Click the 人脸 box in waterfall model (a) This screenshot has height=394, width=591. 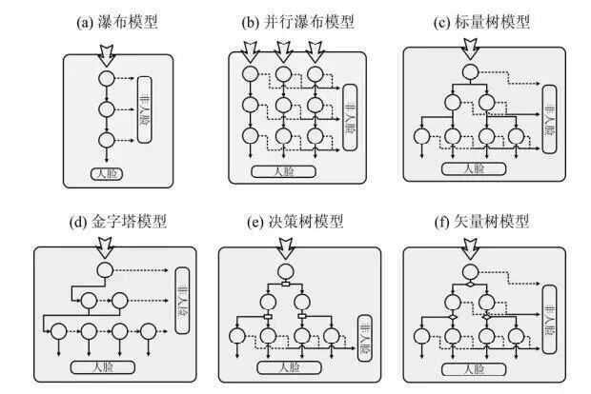click(x=106, y=173)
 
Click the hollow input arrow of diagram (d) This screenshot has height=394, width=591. click(x=107, y=249)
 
